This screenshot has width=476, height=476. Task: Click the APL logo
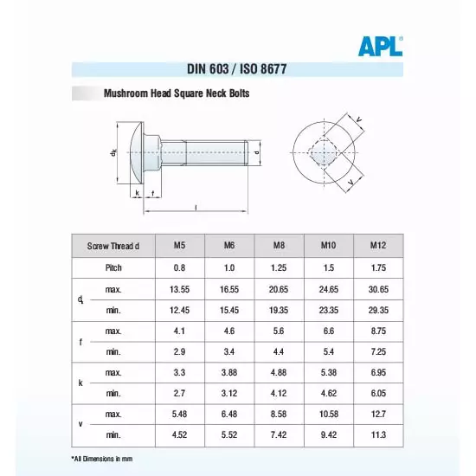[x=381, y=46]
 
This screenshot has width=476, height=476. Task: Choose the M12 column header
[x=378, y=246]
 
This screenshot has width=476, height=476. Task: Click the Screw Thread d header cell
[x=113, y=246]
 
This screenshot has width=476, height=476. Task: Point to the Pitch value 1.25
[x=280, y=268]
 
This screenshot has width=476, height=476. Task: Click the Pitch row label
[x=113, y=268]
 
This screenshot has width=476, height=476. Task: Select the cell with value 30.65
[x=378, y=288]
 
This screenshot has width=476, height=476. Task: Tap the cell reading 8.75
[x=378, y=331]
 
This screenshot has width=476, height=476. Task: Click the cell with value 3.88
[x=229, y=372]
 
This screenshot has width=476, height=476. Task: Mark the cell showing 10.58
[x=328, y=415]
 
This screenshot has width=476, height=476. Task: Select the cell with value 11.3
[x=378, y=435]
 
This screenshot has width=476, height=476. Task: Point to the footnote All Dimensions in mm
[x=102, y=458]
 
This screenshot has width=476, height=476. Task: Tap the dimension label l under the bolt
[x=196, y=207]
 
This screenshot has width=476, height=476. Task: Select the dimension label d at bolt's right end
[x=257, y=153]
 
